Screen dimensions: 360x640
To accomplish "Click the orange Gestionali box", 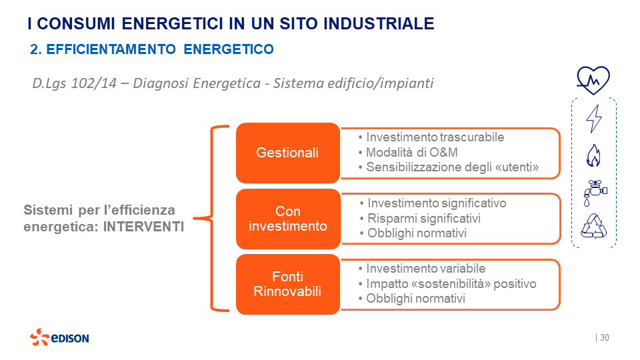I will click(x=287, y=153).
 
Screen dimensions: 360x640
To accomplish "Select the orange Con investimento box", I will click(x=287, y=219).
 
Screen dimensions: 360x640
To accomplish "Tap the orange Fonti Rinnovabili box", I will click(x=287, y=284).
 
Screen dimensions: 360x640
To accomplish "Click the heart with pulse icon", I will click(x=593, y=81).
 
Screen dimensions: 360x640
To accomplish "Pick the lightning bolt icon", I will click(x=593, y=119).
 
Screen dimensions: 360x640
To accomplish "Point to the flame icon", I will click(x=593, y=156).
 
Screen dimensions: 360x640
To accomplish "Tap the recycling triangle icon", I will click(x=593, y=226).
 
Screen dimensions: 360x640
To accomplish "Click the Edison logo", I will click(x=59, y=337).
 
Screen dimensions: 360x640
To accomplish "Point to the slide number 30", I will click(x=605, y=338).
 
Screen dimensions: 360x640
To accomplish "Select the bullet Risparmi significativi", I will click(x=424, y=218).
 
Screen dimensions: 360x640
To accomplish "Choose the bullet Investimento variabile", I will click(x=425, y=269).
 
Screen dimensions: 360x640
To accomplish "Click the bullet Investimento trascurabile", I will click(x=435, y=137).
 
